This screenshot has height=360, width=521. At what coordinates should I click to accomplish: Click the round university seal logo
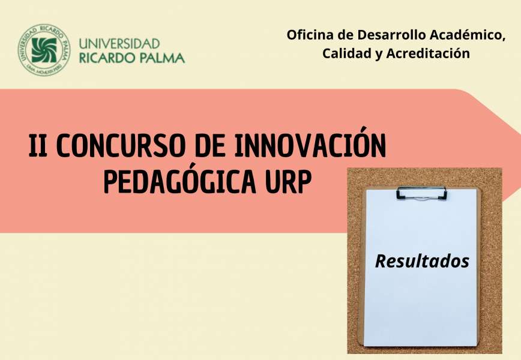coord(44,50)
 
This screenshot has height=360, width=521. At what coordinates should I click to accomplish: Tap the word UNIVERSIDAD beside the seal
coord(119,44)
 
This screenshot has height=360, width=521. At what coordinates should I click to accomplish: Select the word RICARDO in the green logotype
coord(106,58)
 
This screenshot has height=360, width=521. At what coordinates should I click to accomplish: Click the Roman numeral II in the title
coord(38,145)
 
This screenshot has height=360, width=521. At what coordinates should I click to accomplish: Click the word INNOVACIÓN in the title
coord(310,143)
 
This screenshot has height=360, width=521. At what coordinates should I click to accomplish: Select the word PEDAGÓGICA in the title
coord(179,182)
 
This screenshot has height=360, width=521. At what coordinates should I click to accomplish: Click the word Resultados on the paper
coord(422,261)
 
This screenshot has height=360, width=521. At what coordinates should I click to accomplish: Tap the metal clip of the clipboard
coord(421,193)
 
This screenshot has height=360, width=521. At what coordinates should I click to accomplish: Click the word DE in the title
coord(209,145)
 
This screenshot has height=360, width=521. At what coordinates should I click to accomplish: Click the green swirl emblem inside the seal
coord(44,50)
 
